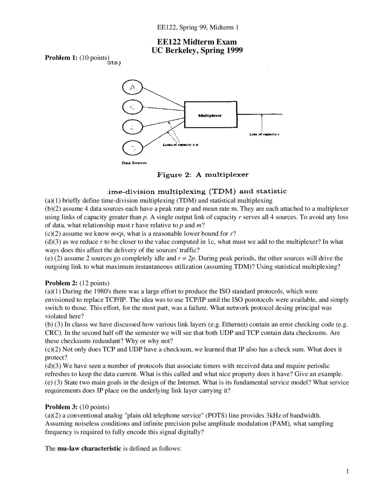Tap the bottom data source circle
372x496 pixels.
pos(133,148)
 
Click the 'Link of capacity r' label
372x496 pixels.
pos(264,135)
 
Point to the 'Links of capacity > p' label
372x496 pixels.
pos(180,145)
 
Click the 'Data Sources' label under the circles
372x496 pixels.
pos(134,163)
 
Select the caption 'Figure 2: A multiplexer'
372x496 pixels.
pos(203,175)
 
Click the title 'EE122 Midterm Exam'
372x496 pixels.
pos(197,42)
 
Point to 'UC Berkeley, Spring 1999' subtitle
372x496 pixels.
pos(197,50)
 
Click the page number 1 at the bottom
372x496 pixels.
pos(347,472)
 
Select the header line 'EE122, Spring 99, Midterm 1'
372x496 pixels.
pos(198,28)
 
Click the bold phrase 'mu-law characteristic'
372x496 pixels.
pos(89,448)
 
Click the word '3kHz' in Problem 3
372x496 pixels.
pos(274,415)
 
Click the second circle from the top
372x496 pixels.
pos(133,107)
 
